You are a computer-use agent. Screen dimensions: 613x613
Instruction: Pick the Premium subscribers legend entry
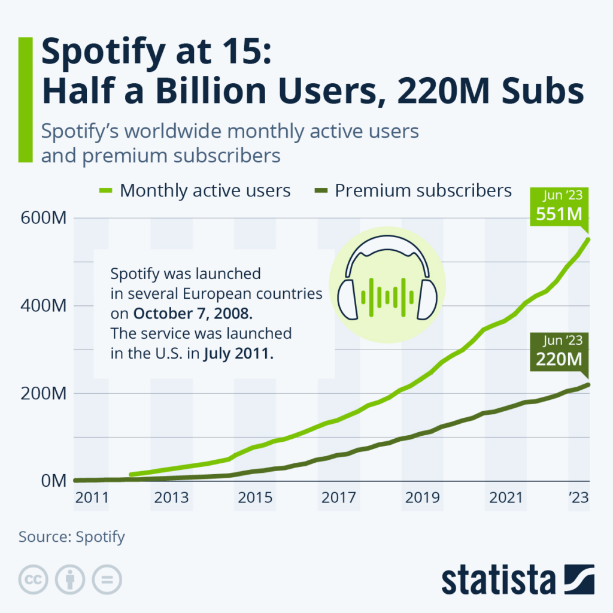coord(423,191)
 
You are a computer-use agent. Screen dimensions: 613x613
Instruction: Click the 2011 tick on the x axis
coord(92,499)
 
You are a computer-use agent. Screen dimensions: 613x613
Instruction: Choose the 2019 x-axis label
coord(423,499)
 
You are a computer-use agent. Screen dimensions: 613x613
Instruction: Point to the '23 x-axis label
coord(576,499)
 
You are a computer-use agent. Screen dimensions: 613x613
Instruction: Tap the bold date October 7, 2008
coord(186,313)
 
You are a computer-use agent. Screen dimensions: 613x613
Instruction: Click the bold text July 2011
coord(238,353)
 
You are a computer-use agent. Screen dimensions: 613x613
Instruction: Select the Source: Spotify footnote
coord(72,536)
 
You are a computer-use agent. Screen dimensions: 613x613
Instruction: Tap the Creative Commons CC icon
coord(34,579)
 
